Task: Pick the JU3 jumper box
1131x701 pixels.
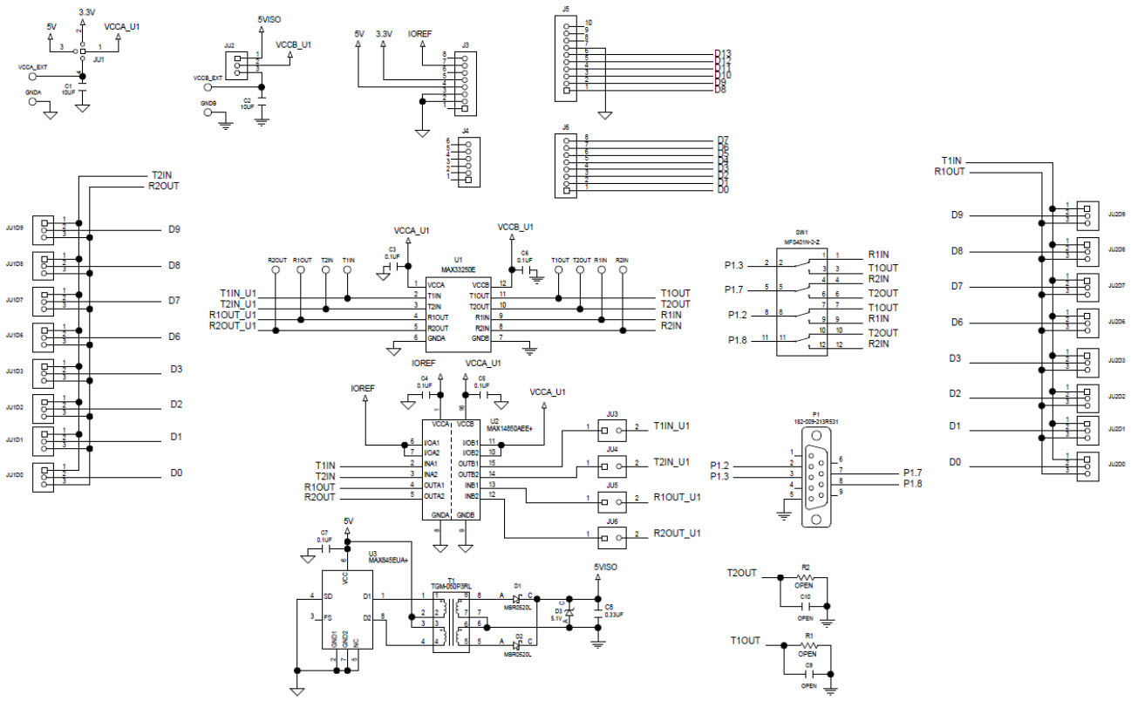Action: click(612, 429)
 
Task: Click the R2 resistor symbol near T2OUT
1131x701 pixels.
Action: click(807, 578)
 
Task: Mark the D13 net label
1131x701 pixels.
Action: click(722, 54)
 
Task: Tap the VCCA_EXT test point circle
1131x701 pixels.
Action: click(33, 77)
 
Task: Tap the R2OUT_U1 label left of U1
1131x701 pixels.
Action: click(232, 326)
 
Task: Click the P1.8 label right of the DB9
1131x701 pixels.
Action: click(911, 483)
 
